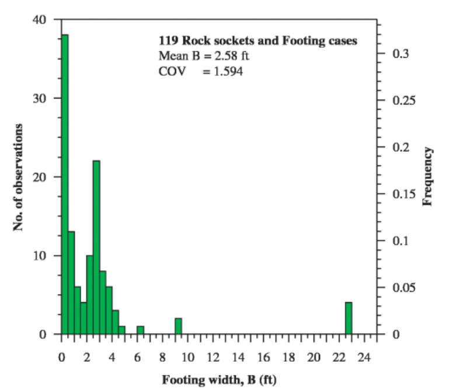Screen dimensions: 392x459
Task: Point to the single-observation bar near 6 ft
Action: tap(141, 330)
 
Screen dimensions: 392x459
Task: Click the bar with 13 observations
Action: tap(71, 283)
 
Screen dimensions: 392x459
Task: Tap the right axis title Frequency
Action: tap(427, 177)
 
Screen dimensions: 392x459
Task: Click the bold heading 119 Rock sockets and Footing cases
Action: tap(258, 41)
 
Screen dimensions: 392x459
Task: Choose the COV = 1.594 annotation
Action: tap(200, 72)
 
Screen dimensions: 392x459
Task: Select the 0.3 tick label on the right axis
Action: tap(399, 54)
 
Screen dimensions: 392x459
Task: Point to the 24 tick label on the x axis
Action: tap(364, 357)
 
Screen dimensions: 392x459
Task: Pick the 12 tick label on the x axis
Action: tap(213, 357)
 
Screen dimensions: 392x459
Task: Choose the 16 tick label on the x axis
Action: tap(263, 357)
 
